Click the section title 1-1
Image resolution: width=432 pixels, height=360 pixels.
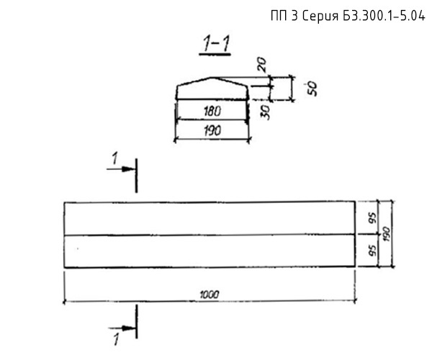click(x=216, y=43)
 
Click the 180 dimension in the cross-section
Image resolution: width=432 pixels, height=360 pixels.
click(x=212, y=112)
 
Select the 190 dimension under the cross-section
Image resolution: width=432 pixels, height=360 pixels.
click(x=212, y=130)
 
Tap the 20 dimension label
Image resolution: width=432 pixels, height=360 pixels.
click(x=263, y=65)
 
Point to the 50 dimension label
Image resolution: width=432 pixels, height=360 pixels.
click(x=312, y=89)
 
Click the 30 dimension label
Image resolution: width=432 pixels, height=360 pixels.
click(x=265, y=112)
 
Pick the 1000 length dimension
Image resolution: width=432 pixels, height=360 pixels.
click(x=209, y=295)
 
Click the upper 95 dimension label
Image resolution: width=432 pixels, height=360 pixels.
click(x=372, y=219)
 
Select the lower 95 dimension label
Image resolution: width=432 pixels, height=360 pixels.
click(x=372, y=250)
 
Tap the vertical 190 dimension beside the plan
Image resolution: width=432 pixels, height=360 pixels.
click(x=387, y=234)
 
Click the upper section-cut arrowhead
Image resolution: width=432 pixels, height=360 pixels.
click(x=128, y=169)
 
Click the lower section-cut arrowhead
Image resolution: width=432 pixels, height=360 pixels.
click(x=129, y=328)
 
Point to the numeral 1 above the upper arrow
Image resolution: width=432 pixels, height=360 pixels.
click(x=114, y=158)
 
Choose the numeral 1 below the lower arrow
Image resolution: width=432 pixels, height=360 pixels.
click(x=117, y=339)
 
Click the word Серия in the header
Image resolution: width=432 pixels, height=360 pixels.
click(x=320, y=17)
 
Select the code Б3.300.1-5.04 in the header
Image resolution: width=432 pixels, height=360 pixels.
click(x=384, y=16)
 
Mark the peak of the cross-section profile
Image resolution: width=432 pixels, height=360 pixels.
click(x=212, y=78)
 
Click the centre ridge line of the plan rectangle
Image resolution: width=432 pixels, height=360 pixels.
click(x=210, y=235)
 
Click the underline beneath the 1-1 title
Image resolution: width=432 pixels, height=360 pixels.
click(x=215, y=55)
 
